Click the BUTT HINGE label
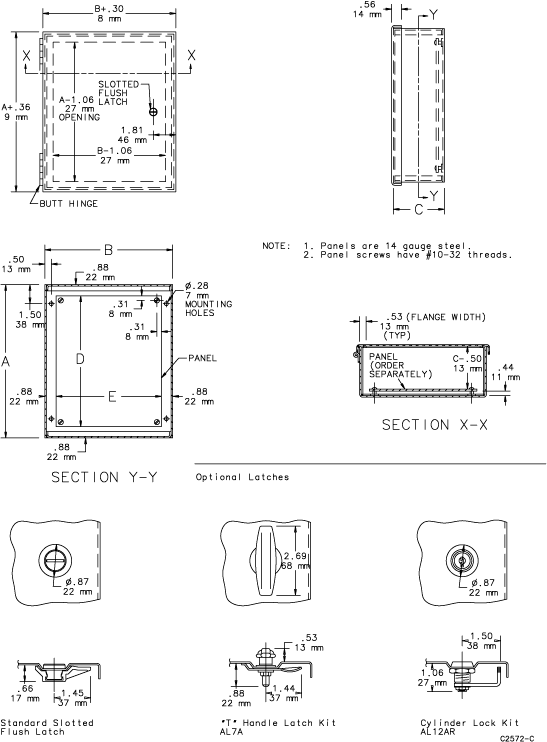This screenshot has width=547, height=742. [x=69, y=204]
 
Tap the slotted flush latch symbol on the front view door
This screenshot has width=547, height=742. [x=153, y=112]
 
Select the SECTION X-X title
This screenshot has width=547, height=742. [x=434, y=424]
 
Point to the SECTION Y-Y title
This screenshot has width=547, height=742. [x=104, y=477]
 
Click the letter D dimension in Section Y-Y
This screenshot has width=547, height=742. [x=80, y=359]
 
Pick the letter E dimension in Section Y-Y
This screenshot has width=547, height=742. [x=112, y=397]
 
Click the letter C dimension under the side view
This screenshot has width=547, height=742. [x=419, y=209]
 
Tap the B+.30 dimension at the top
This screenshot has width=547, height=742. [x=109, y=9]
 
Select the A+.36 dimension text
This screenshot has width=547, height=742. [x=16, y=107]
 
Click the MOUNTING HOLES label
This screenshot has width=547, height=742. [x=209, y=308]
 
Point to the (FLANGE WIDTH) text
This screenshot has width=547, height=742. [x=446, y=317]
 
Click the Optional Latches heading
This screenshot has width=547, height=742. [x=242, y=477]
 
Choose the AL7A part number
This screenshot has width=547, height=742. [x=232, y=732]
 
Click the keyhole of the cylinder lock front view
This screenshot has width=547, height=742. [x=460, y=561]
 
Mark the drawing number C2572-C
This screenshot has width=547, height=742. [x=517, y=738]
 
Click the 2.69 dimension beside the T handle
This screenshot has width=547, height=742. [x=295, y=556]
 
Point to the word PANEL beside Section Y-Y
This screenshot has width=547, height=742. [x=202, y=358]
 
